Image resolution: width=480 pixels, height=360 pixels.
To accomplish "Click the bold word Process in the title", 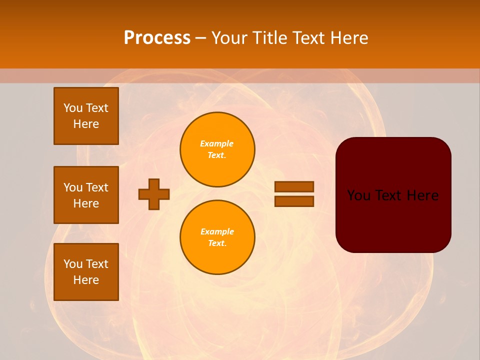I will coord(157,38).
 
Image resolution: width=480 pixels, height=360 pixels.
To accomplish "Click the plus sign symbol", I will coord(154,194).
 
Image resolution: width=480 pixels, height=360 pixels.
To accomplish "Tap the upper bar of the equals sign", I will coord(294,186).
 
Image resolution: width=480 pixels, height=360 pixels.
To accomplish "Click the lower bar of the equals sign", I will coord(294,201).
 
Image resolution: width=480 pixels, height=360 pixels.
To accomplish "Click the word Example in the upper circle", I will coord(217,143).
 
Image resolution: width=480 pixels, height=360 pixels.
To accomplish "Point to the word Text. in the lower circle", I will coord(217,243).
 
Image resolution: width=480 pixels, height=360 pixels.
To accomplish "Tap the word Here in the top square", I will coord(86,124).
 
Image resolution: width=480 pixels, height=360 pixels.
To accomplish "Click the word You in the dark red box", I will coord(359,195).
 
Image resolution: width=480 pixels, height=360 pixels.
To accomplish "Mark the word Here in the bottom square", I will coord(86,280).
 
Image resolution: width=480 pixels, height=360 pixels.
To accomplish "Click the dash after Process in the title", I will coord(200,38).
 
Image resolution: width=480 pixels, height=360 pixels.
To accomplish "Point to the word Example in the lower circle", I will coord(217,231).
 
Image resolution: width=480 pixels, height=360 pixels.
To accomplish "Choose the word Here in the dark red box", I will coord(422,195).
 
